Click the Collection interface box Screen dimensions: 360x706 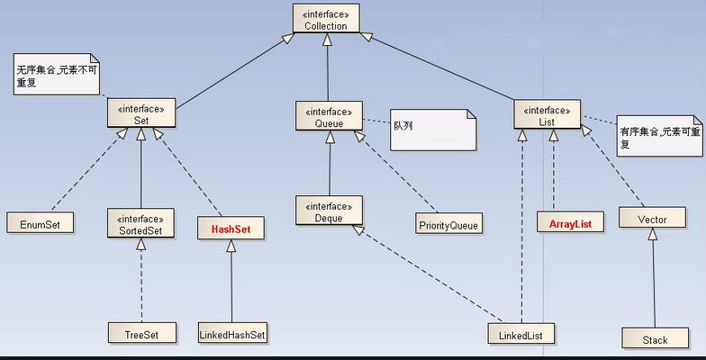pos(325,19)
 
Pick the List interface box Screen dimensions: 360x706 pos(547,113)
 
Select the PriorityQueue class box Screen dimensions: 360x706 pos(448,222)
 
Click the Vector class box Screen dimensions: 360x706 pos(650,219)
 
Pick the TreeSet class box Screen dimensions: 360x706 pos(140,334)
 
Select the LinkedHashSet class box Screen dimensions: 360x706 pos(233,334)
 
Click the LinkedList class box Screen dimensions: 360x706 pos(521,334)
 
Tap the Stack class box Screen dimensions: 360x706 pos(655,338)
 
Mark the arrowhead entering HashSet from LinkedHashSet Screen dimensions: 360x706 pos(231,247)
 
